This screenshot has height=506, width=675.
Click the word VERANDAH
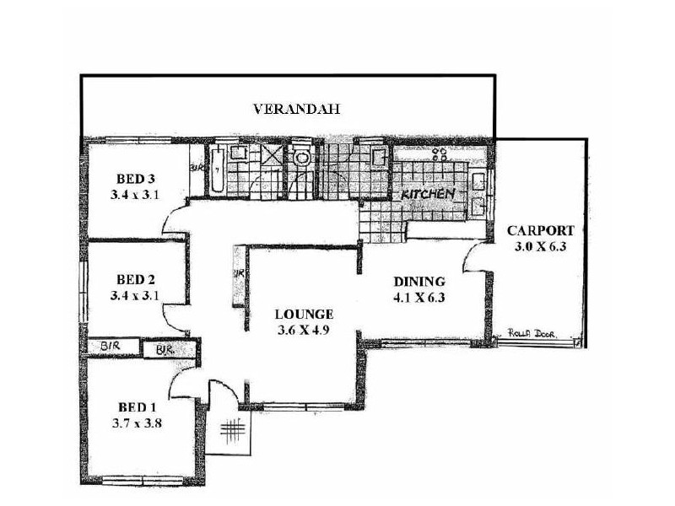(x=288, y=109)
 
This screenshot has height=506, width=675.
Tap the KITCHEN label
(x=428, y=194)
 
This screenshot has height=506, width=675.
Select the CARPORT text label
(x=540, y=230)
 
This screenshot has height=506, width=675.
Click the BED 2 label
(x=135, y=279)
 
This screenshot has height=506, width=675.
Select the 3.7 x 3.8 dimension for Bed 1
(x=135, y=424)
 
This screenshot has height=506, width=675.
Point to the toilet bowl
(x=300, y=158)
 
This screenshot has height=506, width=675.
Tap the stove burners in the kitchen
(x=440, y=153)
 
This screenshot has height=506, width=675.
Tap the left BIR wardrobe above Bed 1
(x=108, y=347)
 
